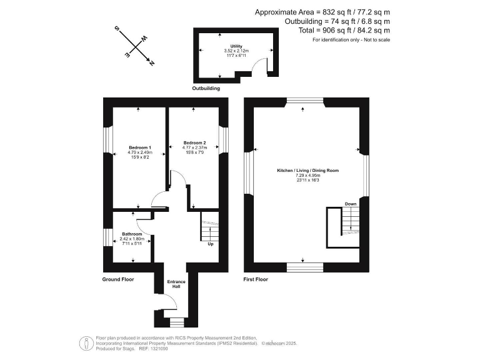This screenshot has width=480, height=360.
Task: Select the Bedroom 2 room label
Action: pos(193,143)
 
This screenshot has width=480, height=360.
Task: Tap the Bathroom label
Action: pos(132,234)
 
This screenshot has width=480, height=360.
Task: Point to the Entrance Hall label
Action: pos(176,284)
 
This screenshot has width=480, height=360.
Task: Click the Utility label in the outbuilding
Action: pos(236,46)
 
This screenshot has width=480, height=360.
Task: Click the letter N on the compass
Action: pos(152,62)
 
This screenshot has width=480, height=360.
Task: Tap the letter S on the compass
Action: pos(116,29)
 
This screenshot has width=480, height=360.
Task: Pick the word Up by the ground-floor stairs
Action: pos(210,244)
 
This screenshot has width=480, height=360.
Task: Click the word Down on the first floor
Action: pos(351,204)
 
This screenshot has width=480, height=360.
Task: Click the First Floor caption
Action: pos(256,279)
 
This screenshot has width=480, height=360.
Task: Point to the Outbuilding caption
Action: pos(206,89)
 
